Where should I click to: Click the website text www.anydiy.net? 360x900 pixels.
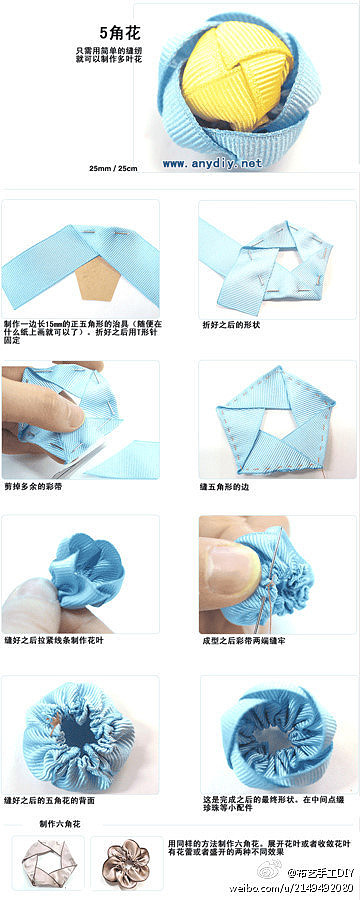211,163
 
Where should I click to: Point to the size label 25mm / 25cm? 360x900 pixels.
113,168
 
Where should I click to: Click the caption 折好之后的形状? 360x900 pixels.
231,325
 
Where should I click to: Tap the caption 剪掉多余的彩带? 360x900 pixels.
39,486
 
